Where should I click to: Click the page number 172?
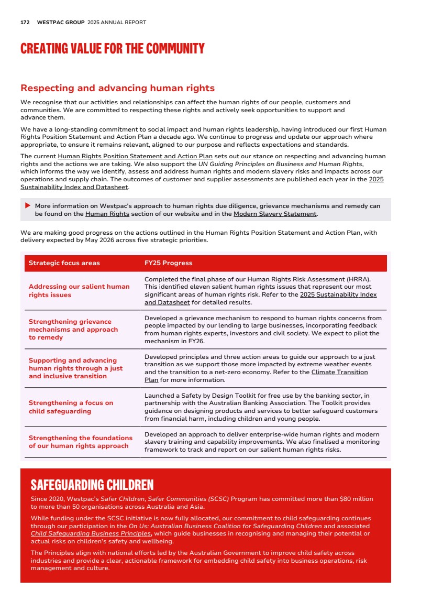tap(25, 23)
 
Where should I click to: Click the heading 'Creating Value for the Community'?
tap(112, 49)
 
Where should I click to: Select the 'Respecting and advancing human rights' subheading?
tap(117, 88)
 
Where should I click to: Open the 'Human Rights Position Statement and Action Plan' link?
tap(135, 156)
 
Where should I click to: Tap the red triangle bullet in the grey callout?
tap(28, 206)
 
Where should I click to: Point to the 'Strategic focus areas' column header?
tap(64, 263)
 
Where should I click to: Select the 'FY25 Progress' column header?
tap(168, 263)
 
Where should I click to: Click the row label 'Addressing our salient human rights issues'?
tap(79, 291)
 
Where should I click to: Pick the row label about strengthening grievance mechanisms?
tap(73, 330)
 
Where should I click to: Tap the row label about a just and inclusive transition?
tap(75, 368)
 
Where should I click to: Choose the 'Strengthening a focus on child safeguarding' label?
tap(71, 407)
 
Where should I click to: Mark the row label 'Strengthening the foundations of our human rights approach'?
tap(81, 442)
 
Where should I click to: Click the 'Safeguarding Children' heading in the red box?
tap(92, 484)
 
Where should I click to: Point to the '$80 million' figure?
tap(356, 499)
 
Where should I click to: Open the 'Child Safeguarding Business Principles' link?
tap(87, 533)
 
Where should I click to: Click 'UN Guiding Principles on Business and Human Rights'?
tap(281, 164)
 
